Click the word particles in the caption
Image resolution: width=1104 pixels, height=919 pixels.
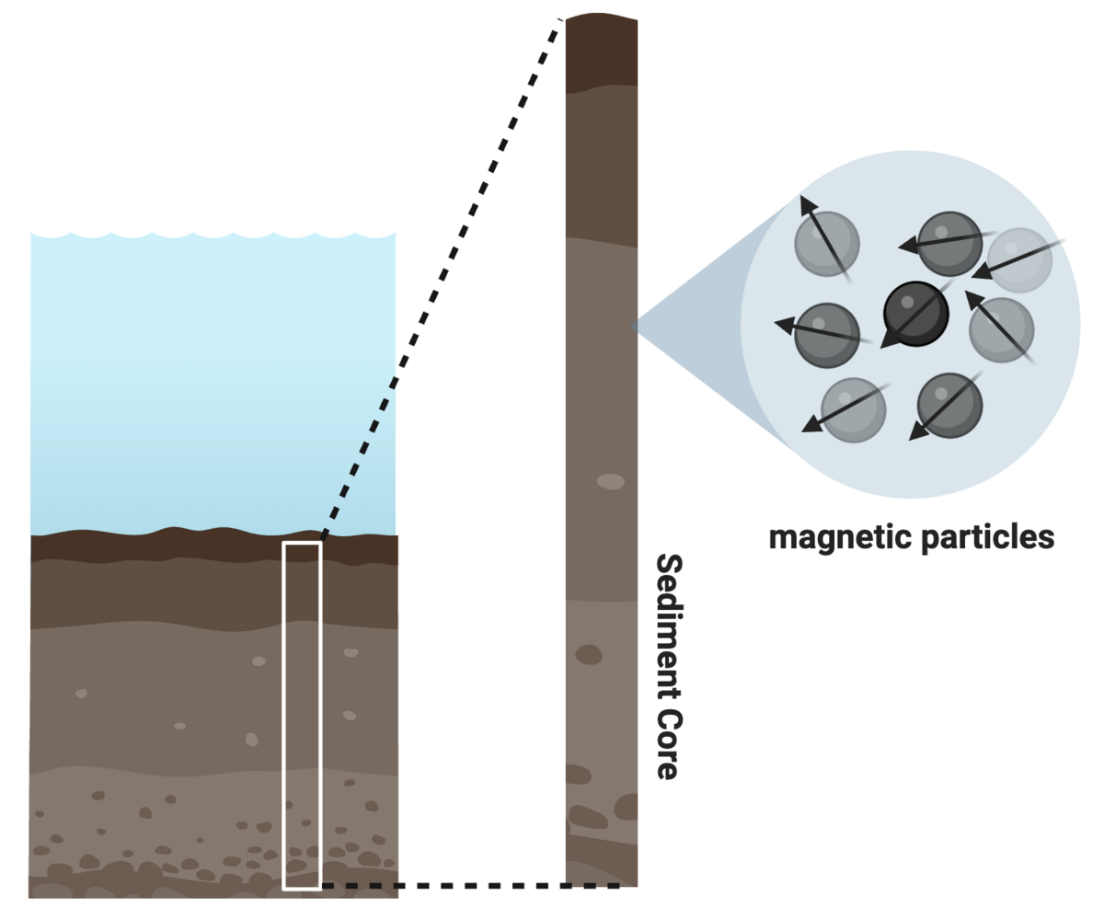click(x=988, y=538)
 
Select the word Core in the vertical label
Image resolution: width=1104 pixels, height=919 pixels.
click(x=670, y=744)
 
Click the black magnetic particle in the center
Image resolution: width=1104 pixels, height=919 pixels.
click(x=915, y=314)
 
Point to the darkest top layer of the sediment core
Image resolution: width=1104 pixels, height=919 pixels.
click(x=602, y=52)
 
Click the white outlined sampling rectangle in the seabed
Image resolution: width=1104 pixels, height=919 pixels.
click(x=302, y=542)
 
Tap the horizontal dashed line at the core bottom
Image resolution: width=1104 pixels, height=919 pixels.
click(x=470, y=885)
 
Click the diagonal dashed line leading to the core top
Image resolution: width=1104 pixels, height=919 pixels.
click(x=441, y=279)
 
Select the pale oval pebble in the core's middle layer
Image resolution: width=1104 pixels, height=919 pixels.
click(x=611, y=481)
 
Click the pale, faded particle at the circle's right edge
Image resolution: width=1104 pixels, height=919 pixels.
click(x=1019, y=260)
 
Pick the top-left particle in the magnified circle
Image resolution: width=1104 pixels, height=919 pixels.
click(x=827, y=244)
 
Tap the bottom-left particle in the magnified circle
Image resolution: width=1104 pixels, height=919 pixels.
click(x=853, y=409)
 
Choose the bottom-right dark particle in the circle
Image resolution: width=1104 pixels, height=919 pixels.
click(x=949, y=406)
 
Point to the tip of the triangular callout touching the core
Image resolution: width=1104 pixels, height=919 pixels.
click(x=631, y=327)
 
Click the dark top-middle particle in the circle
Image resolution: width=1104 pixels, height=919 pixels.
click(x=949, y=244)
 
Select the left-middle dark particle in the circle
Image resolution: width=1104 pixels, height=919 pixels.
click(x=827, y=335)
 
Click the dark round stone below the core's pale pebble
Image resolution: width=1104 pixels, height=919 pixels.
click(x=589, y=655)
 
